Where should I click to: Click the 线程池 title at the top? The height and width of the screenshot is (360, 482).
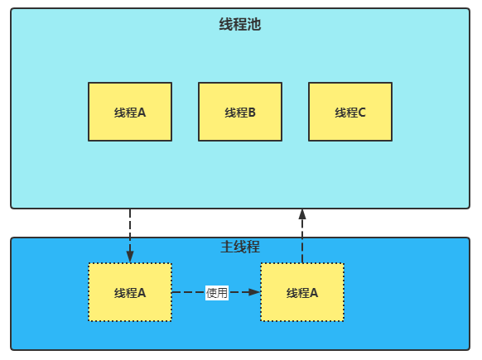click(240, 24)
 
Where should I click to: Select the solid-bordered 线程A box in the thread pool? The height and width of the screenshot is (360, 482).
click(130, 112)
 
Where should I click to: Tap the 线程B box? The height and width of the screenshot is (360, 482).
click(240, 112)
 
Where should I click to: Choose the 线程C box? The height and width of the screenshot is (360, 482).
click(350, 112)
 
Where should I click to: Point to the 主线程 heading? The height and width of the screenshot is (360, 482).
click(240, 247)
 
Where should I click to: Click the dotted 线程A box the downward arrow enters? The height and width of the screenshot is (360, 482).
click(130, 292)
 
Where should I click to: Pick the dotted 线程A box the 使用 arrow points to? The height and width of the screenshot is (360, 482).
click(302, 292)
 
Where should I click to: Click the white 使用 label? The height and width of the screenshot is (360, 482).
click(217, 292)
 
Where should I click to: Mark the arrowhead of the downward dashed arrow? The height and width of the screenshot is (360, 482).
click(130, 257)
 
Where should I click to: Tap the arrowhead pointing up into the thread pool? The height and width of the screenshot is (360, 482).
click(302, 214)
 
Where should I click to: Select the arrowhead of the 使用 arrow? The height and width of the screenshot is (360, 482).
click(254, 292)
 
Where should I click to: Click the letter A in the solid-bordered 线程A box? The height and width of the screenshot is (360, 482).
click(142, 113)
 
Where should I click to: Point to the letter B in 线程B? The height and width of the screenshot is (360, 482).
click(252, 113)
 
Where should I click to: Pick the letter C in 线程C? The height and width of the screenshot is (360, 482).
click(362, 113)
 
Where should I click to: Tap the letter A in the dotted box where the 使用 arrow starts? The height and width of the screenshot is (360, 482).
click(142, 293)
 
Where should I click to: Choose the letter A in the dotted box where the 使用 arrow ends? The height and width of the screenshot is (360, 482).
click(314, 293)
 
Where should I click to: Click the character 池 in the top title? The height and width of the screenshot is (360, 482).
click(254, 24)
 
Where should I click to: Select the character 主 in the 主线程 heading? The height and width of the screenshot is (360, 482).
click(227, 247)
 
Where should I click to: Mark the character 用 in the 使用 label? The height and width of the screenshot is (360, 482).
click(223, 293)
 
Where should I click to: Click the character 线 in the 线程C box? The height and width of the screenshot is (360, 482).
click(340, 113)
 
